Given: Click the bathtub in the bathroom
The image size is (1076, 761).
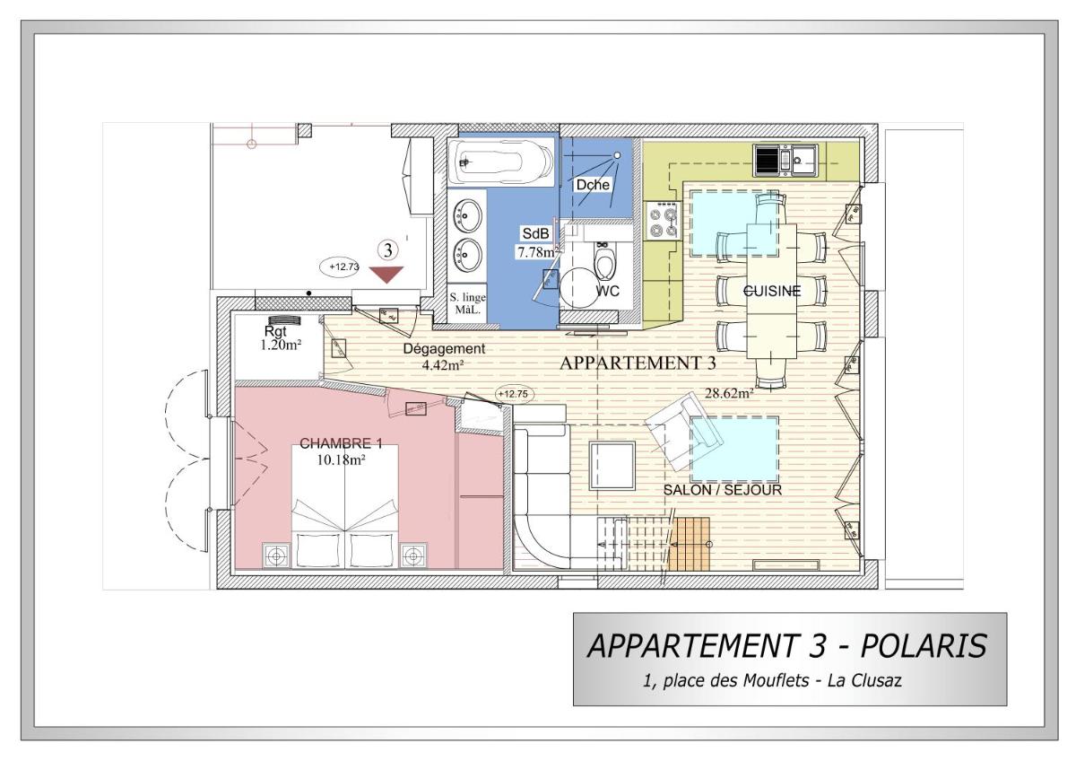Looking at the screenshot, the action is [500, 162].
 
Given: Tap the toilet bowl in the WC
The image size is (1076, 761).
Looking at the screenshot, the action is [604, 262].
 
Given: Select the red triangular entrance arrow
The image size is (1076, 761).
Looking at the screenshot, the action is [386, 275].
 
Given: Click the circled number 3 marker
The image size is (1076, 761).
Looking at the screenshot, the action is [387, 249].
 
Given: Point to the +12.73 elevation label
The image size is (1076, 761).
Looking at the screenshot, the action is [344, 267].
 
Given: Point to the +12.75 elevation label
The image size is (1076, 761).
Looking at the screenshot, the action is [513, 394].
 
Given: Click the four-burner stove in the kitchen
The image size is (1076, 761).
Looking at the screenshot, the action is [663, 220].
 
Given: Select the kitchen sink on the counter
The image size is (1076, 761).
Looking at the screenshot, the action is [785, 160].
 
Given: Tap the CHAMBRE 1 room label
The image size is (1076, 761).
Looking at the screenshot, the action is [341, 443].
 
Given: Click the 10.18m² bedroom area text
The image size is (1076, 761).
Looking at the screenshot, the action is [341, 460].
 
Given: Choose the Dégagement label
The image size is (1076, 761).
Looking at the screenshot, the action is [444, 348].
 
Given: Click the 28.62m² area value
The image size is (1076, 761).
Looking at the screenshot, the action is [729, 393].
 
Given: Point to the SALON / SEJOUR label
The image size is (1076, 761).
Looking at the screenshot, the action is [723, 490].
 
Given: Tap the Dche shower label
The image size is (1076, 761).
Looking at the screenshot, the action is [593, 185].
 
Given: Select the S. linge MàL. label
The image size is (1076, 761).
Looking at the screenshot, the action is [467, 303].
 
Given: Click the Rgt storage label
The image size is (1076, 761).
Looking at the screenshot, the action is [275, 331].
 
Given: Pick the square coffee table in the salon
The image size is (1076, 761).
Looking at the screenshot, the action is [612, 465].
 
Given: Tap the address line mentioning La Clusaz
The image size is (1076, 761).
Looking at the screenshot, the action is [772, 681].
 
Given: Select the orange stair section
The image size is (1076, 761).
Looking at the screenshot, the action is [690, 544].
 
